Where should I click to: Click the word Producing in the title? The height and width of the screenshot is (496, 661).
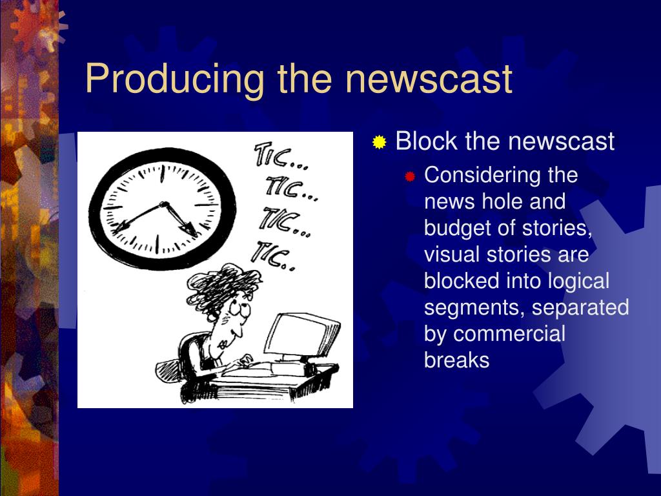[x=174, y=79]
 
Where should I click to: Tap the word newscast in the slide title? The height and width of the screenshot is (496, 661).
[x=429, y=79]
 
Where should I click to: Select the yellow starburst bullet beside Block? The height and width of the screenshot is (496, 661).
[x=380, y=142]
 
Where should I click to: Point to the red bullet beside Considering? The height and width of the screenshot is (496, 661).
[x=410, y=176]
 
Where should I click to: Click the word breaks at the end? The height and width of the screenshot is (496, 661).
[x=456, y=360]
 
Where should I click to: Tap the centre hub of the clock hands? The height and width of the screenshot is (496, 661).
[x=163, y=205]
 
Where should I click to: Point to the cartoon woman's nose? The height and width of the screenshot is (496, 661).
[x=239, y=332]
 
